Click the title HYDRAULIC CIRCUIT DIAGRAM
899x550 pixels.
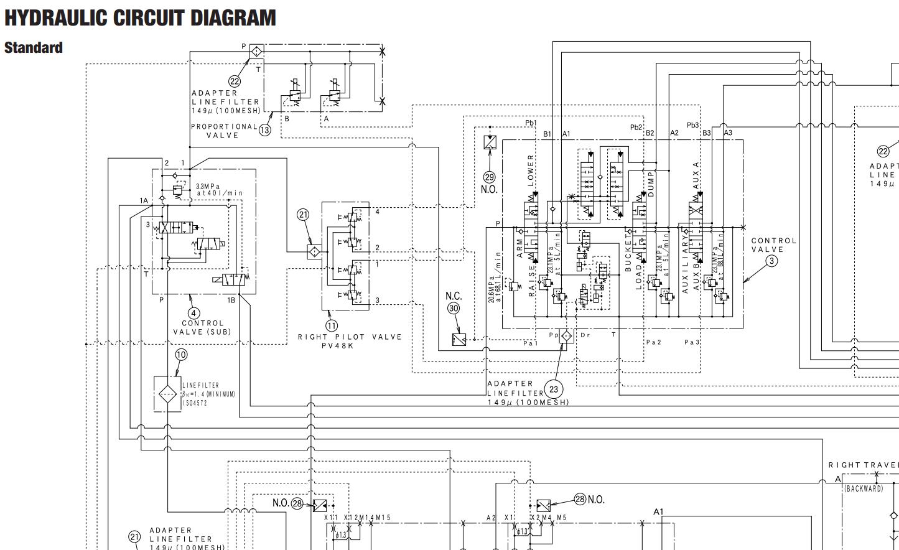(x=140, y=17)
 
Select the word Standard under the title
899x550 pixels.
(x=34, y=48)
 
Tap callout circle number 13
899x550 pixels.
(x=265, y=130)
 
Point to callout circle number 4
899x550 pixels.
(x=194, y=313)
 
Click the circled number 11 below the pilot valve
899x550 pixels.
(x=332, y=325)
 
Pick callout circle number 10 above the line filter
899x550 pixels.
(x=180, y=355)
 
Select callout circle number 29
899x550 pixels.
(x=490, y=177)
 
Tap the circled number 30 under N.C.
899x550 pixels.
(x=454, y=308)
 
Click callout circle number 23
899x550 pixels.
(x=553, y=389)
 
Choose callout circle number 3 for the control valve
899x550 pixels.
(x=771, y=261)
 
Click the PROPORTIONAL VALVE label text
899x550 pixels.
(x=224, y=131)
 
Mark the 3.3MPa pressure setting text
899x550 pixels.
(x=208, y=186)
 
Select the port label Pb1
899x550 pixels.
(x=531, y=123)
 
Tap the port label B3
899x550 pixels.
(x=706, y=133)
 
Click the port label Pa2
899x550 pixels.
(x=653, y=342)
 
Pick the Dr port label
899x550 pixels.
(x=585, y=335)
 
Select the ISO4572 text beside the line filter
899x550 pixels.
(x=195, y=403)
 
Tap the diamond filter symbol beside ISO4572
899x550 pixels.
(x=167, y=394)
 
